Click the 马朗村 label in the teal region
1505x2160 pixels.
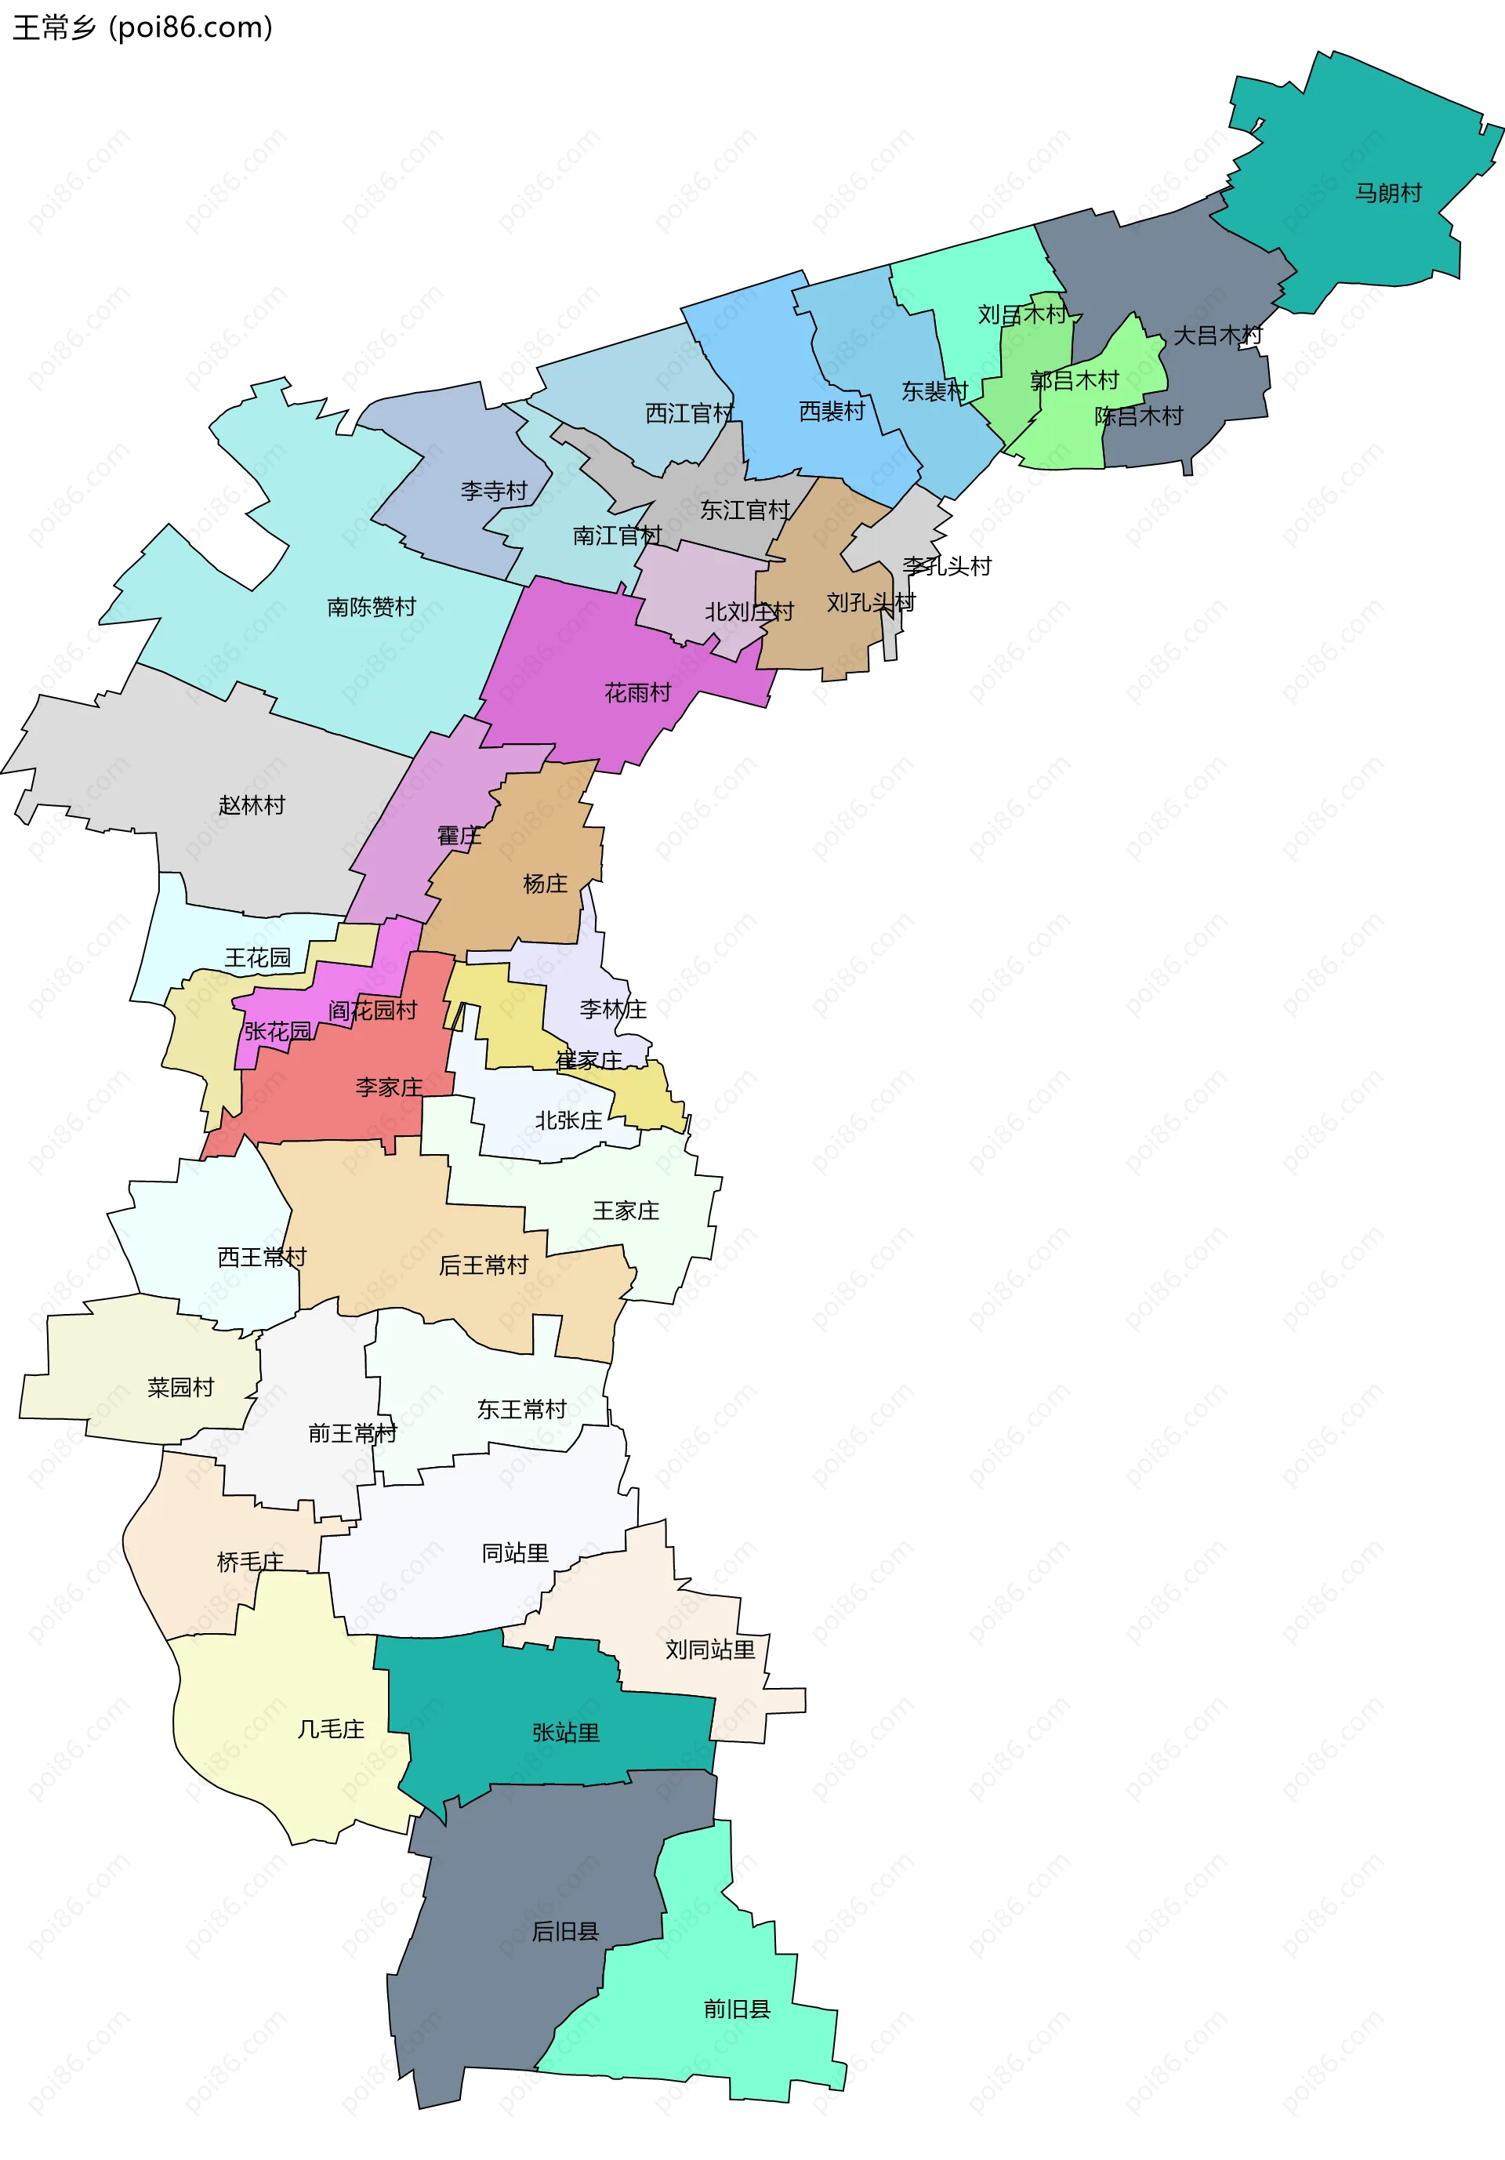point(1387,193)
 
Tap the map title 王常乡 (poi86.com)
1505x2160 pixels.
point(142,27)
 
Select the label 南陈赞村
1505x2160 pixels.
point(371,607)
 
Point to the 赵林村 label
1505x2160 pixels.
point(251,805)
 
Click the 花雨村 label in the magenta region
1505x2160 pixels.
point(638,693)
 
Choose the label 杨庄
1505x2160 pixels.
point(546,884)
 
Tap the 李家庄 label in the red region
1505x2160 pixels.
point(389,1087)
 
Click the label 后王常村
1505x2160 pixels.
point(484,1265)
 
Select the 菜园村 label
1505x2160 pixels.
point(180,1387)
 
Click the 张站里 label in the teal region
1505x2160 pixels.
point(565,1733)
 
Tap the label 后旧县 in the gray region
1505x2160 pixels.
point(565,1931)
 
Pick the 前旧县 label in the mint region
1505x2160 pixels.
point(737,2009)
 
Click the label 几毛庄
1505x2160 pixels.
point(330,1729)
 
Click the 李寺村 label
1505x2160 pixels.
point(494,490)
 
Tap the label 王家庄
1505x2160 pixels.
point(626,1211)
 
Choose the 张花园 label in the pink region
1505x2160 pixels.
point(277,1031)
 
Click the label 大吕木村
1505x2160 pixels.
point(1217,335)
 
